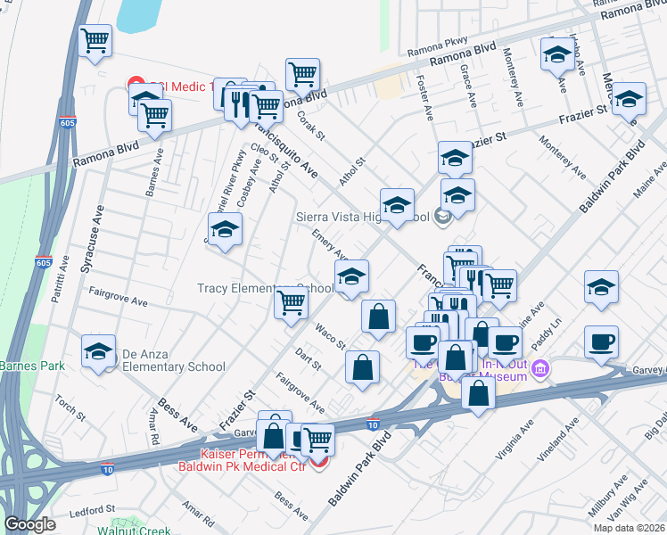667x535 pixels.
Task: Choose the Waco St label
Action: (x=329, y=337)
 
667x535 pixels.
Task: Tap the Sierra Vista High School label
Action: (x=362, y=215)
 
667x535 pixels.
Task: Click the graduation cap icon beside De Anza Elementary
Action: (x=99, y=351)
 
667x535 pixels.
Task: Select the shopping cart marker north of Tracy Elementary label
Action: (x=291, y=303)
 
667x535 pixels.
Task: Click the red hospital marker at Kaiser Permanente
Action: (x=318, y=459)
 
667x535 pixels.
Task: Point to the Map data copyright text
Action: (x=628, y=528)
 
